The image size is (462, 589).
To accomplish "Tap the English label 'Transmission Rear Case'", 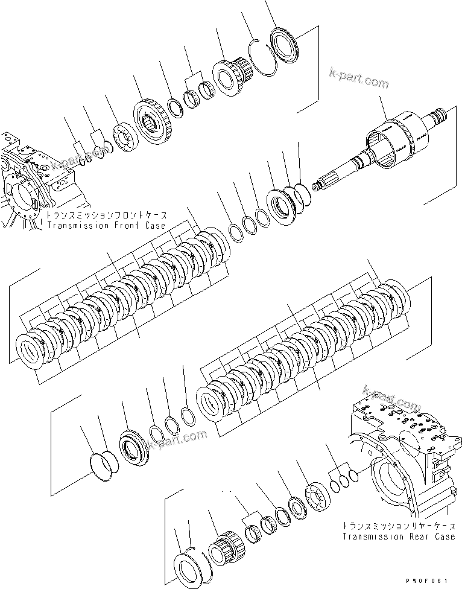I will point(399,536).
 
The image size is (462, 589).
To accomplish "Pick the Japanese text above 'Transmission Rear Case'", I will point(399,526).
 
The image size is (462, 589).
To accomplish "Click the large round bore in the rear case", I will point(389,483).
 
